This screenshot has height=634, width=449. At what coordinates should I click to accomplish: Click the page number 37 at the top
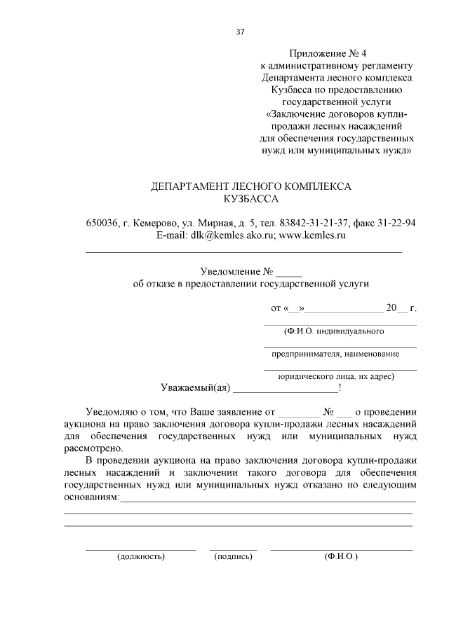tap(240, 31)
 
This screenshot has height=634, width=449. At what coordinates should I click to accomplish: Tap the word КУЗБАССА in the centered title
tap(251, 200)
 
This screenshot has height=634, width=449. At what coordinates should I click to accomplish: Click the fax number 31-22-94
tap(397, 223)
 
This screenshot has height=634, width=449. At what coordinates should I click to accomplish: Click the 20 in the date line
tap(391, 308)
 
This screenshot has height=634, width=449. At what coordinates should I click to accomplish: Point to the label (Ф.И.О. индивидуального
tap(333, 330)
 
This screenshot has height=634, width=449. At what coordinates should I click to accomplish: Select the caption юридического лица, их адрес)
tap(336, 375)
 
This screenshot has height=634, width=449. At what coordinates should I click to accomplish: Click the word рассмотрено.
tap(93, 448)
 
